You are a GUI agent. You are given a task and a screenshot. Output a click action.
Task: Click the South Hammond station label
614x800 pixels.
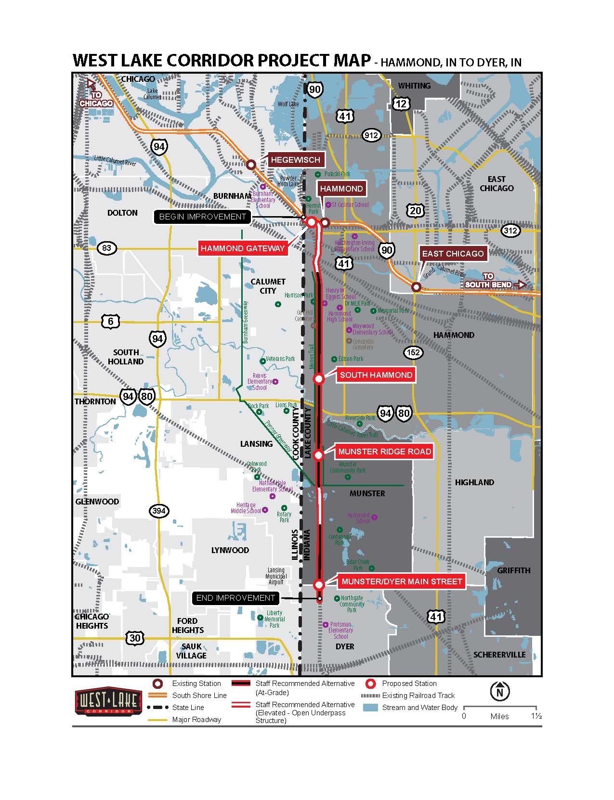tap(376, 375)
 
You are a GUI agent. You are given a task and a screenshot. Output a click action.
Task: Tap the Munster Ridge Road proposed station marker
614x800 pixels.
tap(318, 455)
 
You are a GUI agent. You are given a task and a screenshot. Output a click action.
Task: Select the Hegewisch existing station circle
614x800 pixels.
tap(251, 165)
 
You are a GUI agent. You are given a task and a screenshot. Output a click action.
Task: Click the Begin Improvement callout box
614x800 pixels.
tap(202, 217)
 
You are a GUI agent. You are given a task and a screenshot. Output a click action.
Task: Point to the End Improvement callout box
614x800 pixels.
tap(235, 598)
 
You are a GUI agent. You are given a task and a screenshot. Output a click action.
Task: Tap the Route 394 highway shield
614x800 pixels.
tap(159, 511)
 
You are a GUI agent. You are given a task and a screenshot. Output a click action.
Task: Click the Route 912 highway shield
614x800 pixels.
tap(371, 136)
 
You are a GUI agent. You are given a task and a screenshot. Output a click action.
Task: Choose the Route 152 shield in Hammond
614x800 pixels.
tap(413, 352)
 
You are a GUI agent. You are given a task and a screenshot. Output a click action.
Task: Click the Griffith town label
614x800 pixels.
tap(513, 570)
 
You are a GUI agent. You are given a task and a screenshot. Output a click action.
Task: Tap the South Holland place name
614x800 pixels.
tap(126, 357)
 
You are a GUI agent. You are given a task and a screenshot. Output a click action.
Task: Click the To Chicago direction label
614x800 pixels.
tap(96, 99)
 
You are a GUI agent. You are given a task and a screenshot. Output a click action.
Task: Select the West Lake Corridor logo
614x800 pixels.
tap(108, 702)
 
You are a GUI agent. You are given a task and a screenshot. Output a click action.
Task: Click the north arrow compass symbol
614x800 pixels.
tap(499, 692)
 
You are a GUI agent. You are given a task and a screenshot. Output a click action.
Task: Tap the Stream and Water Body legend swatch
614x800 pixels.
tap(370, 708)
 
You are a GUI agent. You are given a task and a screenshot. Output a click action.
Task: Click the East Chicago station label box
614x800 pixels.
tap(452, 254)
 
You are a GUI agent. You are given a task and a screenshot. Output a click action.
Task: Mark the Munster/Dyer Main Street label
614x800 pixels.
tap(402, 581)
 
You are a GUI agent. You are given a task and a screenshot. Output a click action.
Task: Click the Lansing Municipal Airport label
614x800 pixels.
tap(276, 576)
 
